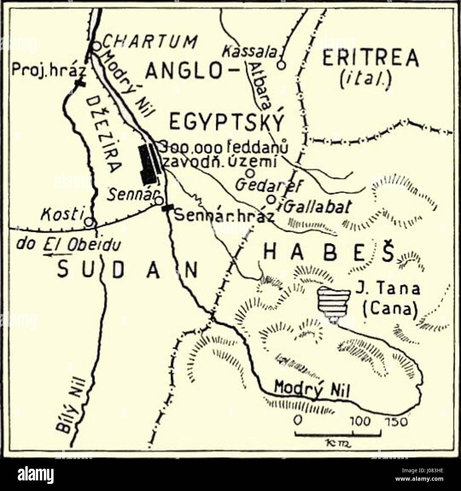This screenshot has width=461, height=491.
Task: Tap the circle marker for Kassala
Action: [x=281, y=65]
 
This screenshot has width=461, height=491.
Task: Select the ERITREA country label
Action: [x=370, y=58]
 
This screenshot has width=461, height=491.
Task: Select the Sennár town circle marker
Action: [x=159, y=201]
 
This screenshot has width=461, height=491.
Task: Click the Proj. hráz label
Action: [x=49, y=70]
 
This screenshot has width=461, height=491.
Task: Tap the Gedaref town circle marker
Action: [x=250, y=173]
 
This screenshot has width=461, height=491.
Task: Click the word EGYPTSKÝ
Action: [x=227, y=123]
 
